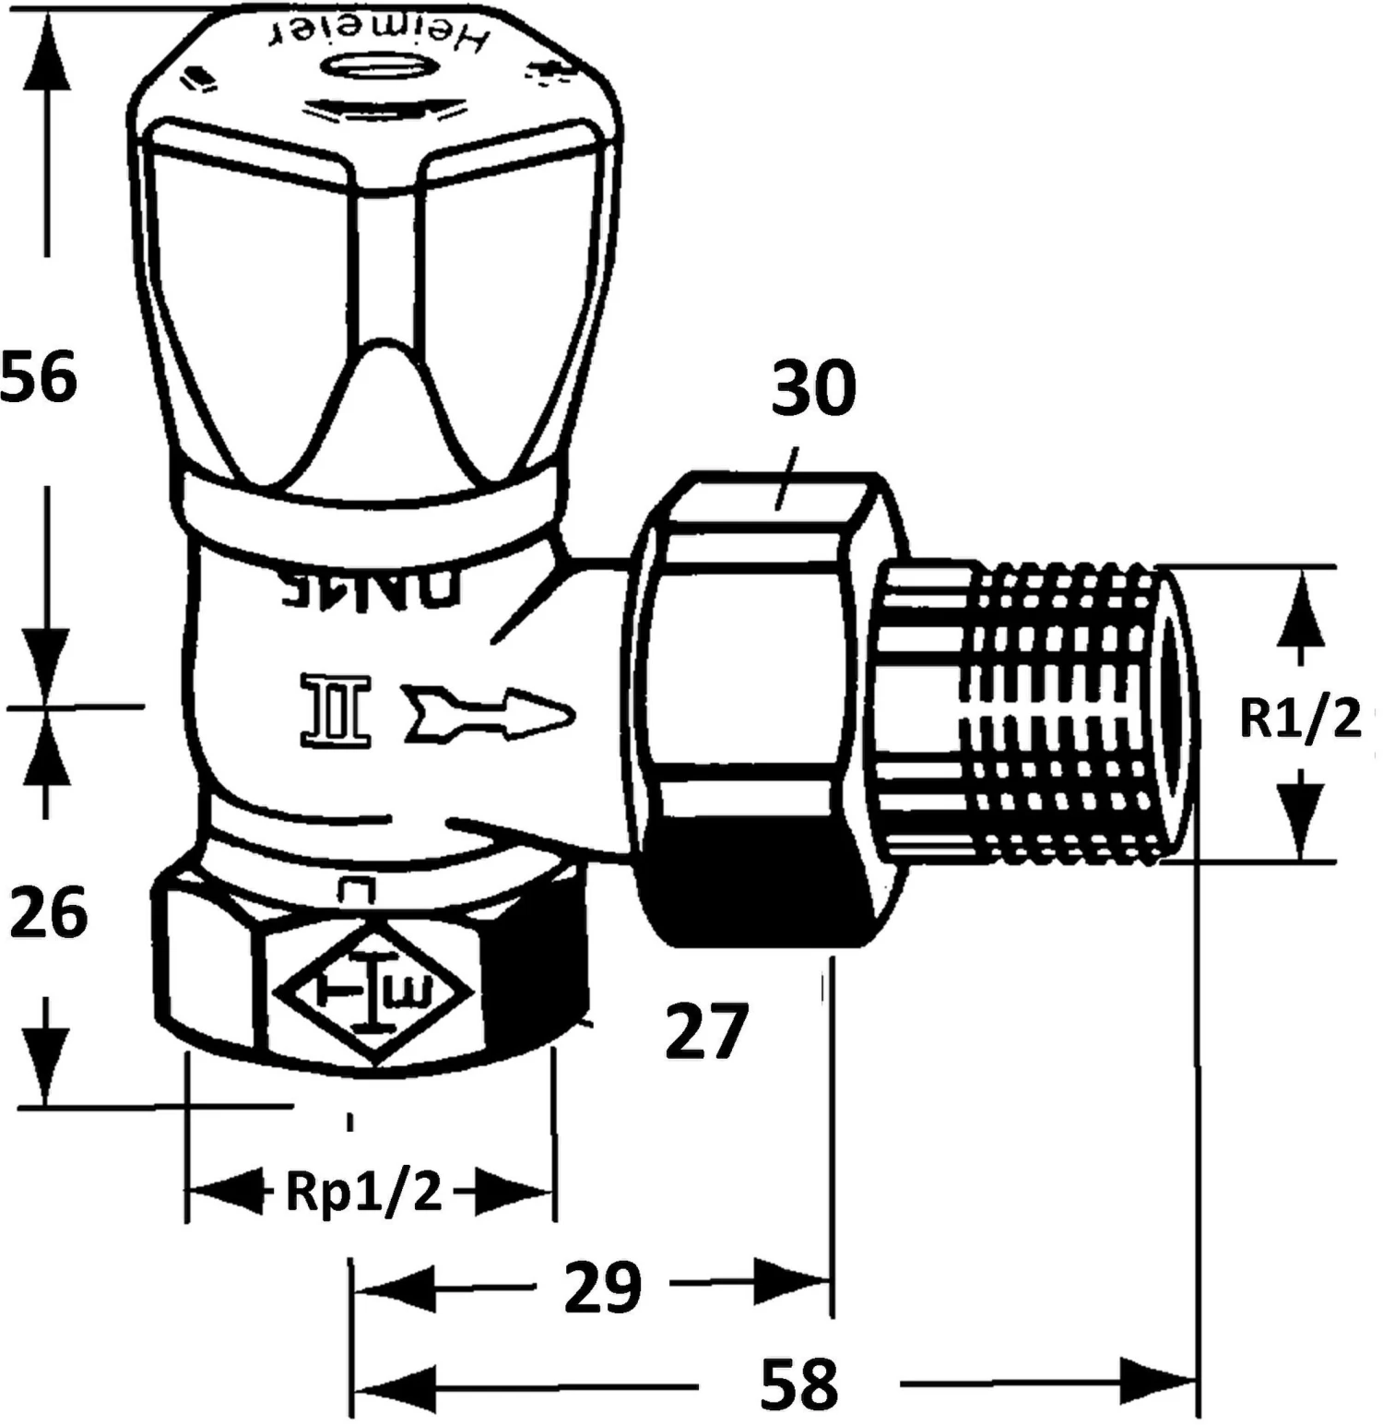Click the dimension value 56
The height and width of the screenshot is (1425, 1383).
(39, 376)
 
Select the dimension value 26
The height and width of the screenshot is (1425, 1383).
(48, 911)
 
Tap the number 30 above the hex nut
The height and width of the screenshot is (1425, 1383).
(813, 388)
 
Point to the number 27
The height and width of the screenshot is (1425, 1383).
(705, 1032)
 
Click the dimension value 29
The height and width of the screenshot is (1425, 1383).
(602, 1287)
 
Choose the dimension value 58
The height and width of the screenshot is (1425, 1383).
(798, 1383)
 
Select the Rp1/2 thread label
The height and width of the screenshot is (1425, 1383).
(364, 1192)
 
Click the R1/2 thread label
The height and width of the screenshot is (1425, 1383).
(1300, 718)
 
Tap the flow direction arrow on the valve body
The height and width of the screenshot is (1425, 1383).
(489, 714)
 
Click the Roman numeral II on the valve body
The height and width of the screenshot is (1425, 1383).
(335, 710)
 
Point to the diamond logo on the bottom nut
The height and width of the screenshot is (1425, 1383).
(372, 992)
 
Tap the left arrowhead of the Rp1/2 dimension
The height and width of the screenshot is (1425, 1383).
(221, 1192)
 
